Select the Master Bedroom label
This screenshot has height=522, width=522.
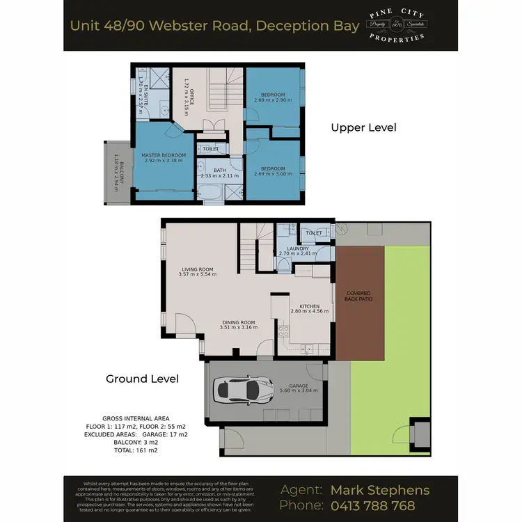[164, 155]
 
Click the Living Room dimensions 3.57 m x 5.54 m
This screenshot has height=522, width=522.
[198, 274]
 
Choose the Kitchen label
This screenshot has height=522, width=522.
[309, 307]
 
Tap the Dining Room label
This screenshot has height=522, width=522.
[239, 322]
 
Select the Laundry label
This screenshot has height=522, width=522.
[298, 248]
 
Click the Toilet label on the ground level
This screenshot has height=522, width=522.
[314, 232]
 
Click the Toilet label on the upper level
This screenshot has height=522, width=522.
[210, 149]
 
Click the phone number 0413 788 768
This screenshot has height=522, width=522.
[372, 505]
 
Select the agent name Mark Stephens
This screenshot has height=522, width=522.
[380, 489]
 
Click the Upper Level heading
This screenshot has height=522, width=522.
[363, 127]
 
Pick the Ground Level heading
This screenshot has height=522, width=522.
[142, 379]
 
